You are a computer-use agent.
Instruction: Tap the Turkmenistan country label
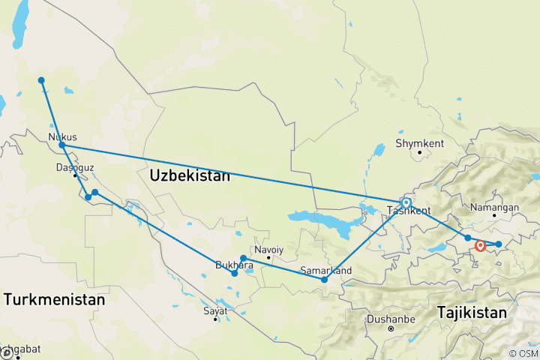[x=53, y=299]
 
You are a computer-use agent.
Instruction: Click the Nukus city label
[x=62, y=136]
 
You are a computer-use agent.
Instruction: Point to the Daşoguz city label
[x=75, y=167]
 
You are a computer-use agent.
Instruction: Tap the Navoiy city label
[x=269, y=249]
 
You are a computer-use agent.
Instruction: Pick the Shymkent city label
[x=420, y=143]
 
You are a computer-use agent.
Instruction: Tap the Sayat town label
[x=215, y=310]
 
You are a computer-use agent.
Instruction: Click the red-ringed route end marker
[x=481, y=244]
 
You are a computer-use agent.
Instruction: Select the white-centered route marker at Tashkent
[x=406, y=202]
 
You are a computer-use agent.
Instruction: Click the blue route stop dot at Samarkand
[x=325, y=280]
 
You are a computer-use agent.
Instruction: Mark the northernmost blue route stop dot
[x=41, y=80]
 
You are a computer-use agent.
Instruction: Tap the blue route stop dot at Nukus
[x=62, y=145]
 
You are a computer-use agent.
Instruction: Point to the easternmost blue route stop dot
[x=498, y=244]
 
